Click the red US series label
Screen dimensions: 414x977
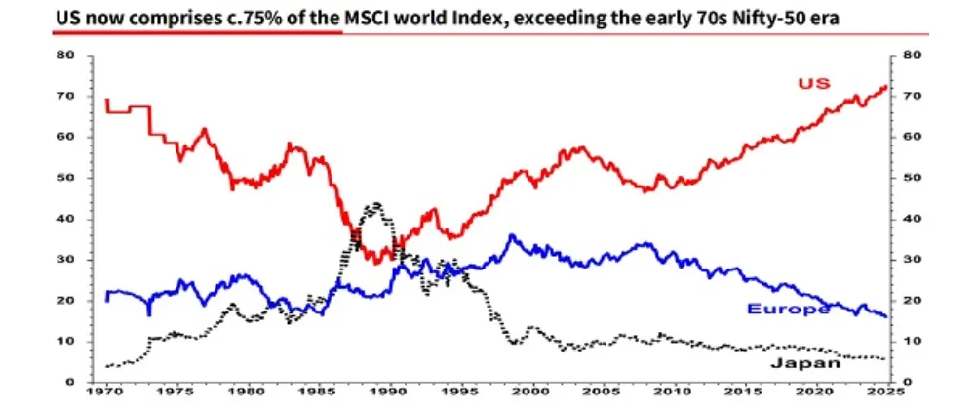813,83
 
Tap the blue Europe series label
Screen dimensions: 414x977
788,310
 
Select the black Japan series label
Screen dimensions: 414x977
804,363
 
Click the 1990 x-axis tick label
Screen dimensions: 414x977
390,391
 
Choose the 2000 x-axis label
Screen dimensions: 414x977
532,391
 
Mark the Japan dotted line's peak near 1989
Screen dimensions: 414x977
373,205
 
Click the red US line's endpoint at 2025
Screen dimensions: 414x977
886,87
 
